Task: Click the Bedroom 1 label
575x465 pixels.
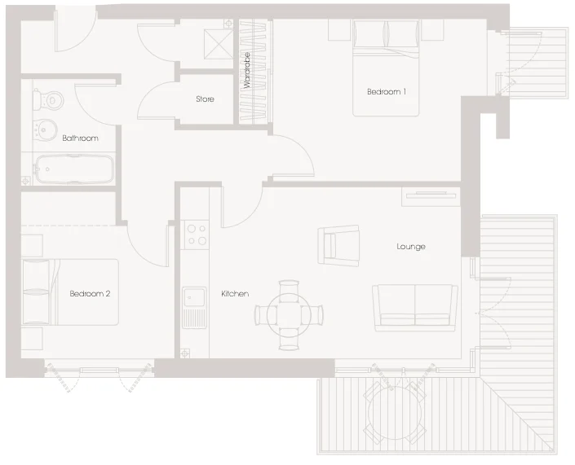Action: pos(387,91)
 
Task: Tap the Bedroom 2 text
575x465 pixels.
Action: pos(90,294)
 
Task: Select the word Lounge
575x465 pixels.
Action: pos(411,247)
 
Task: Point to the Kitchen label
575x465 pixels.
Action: pos(235,294)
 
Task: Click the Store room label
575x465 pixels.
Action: pos(205,99)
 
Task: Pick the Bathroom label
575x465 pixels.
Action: pos(80,138)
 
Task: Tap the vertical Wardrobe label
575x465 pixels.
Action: pos(247,70)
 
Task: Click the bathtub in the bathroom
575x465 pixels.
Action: pos(74,169)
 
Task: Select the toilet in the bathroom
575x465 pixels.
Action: pos(49,99)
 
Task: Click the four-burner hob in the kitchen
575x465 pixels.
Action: pos(197,235)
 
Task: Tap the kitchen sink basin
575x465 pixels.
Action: pos(195,296)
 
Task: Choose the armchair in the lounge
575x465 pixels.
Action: pos(338,246)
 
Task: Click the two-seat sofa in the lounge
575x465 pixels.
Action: pos(415,308)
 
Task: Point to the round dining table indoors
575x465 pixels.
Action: pos(289,315)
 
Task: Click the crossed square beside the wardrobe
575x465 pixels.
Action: pos(219,44)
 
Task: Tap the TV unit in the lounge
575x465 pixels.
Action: pos(431,197)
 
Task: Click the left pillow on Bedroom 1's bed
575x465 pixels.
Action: pos(369,34)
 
